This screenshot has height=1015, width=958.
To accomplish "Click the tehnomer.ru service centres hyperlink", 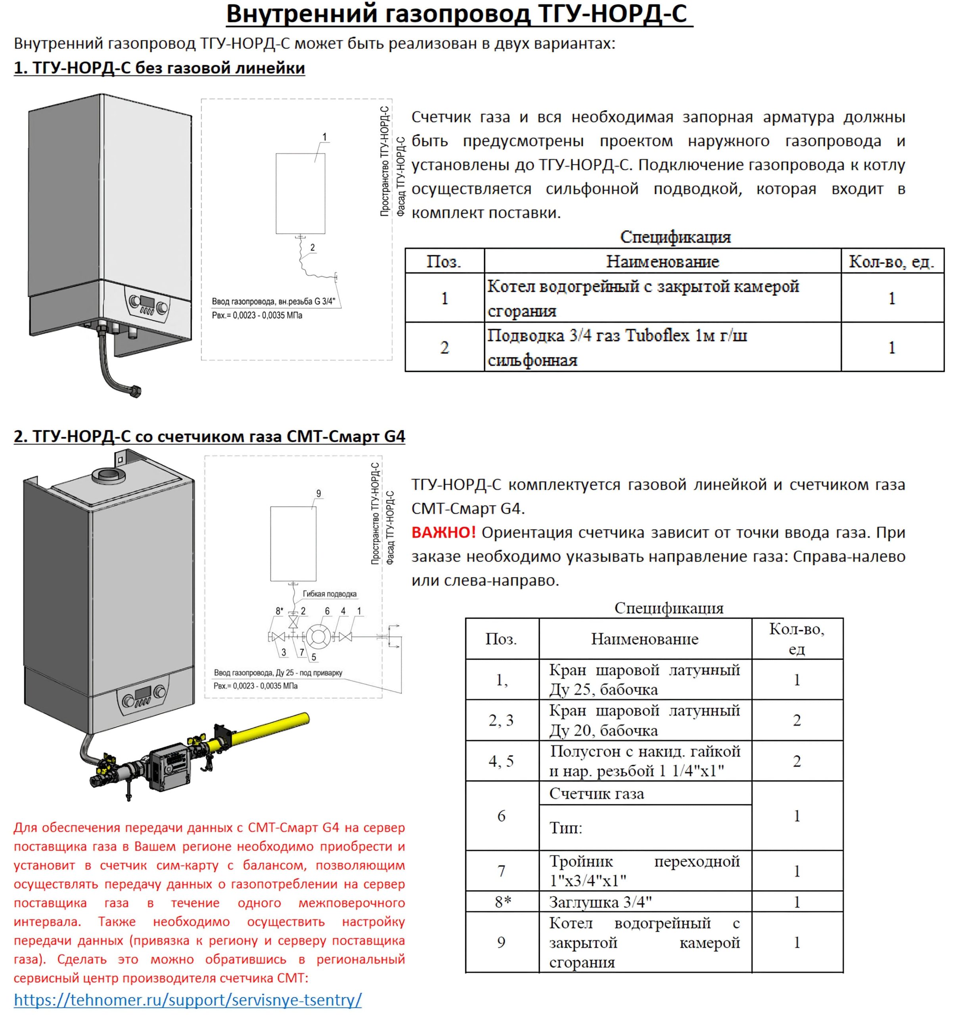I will tap(188, 999).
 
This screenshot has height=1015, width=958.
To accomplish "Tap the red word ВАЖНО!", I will tap(443, 532).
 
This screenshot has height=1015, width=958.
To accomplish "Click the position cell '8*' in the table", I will tap(502, 902).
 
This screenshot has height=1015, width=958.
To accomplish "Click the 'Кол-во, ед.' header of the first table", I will tap(891, 261).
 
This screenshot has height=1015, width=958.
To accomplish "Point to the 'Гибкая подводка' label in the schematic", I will tap(330, 594).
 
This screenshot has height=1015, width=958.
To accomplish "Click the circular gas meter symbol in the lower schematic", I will tap(318, 637).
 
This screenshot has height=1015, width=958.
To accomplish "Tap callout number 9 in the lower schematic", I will tap(319, 494).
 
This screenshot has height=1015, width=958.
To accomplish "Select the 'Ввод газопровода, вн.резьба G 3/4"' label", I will tap(273, 301).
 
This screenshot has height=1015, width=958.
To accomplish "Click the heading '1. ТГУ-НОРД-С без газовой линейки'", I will tap(159, 68).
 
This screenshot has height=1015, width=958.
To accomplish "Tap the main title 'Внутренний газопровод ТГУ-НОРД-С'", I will tap(458, 14).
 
